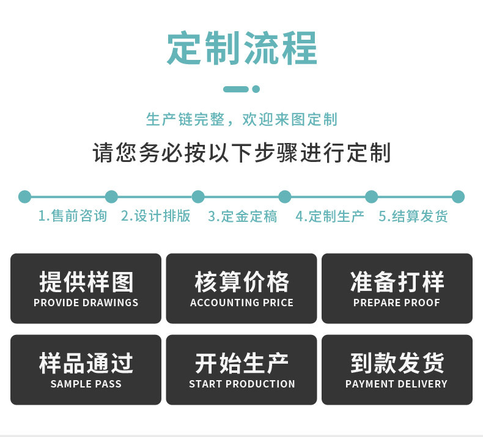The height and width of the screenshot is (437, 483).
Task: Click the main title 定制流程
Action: (242, 48)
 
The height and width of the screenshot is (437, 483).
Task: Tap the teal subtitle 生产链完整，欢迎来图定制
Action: (242, 119)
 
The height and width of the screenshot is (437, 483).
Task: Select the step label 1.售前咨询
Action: (72, 216)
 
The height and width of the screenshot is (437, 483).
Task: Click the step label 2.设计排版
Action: (155, 216)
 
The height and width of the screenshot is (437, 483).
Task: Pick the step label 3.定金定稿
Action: (242, 216)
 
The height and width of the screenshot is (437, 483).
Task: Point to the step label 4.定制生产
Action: (330, 216)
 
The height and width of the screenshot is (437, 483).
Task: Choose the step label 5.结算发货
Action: (413, 216)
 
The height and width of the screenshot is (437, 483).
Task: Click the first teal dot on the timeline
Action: (24, 197)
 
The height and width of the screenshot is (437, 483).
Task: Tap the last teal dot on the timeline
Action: (458, 197)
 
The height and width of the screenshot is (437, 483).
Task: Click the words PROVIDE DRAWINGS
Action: (86, 303)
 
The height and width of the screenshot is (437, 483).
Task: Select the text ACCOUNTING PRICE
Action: (242, 303)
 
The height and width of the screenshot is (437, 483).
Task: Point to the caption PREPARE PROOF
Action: (397, 303)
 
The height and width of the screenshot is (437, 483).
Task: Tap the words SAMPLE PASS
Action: (86, 384)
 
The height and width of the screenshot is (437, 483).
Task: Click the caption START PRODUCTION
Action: (242, 384)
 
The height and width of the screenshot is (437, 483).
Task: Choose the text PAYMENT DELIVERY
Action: (397, 384)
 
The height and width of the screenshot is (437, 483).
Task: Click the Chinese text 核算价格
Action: (242, 282)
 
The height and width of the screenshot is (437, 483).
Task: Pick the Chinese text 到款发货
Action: (397, 363)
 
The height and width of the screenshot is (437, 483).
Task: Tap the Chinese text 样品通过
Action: (86, 363)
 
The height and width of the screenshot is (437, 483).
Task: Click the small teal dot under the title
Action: (256, 89)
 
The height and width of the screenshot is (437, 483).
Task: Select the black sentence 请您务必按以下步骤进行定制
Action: (242, 153)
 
